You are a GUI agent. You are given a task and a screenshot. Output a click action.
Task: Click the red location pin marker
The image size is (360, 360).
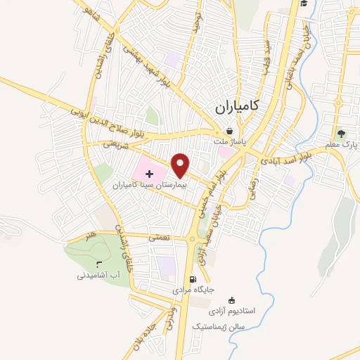click(x=181, y=165)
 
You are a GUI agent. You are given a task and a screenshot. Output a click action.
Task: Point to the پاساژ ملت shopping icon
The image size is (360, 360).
click(x=229, y=130)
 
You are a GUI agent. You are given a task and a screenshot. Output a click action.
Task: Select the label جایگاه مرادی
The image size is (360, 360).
click(x=193, y=290)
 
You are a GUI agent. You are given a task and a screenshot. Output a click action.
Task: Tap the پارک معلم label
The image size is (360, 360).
click(x=342, y=144)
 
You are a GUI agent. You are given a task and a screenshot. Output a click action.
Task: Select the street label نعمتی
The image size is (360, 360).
click(x=159, y=238)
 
